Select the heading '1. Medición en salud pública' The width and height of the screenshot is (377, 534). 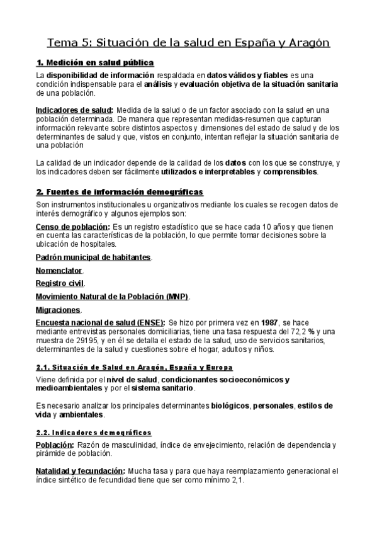(x=95, y=63)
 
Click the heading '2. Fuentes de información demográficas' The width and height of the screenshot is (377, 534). (x=120, y=192)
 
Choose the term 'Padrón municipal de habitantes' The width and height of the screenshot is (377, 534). (x=93, y=257)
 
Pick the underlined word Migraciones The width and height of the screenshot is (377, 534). (x=58, y=310)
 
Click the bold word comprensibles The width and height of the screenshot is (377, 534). (x=290, y=171)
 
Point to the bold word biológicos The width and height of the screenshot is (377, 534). (x=230, y=406)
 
